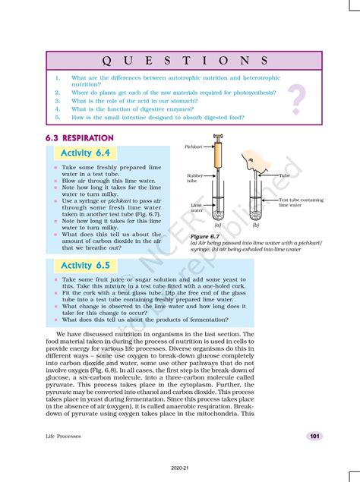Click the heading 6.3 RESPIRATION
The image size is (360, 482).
coord(80,138)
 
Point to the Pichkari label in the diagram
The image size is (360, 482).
coord(194,145)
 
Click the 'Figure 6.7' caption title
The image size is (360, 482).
coord(204,237)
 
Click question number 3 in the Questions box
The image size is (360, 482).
coord(58,100)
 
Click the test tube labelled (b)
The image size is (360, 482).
coord(255,205)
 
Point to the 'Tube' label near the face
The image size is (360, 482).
coord(284,175)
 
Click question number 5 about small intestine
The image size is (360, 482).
coord(58,118)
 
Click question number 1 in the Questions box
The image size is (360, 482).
coord(58,77)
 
